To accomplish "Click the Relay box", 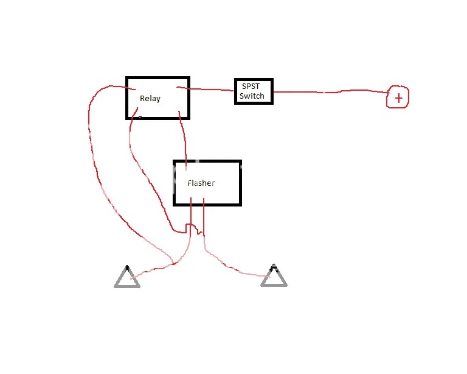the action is [157, 97].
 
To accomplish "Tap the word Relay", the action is [150, 98].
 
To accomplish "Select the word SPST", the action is [251, 86].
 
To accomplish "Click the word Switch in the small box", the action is [252, 96].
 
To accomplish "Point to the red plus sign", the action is [398, 98].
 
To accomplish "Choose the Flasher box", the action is [207, 183].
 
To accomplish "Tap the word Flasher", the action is [201, 183].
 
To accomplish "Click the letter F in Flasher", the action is [190, 183].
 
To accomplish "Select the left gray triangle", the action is [127, 279].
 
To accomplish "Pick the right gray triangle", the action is [274, 278].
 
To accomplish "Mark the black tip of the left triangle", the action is [127, 267].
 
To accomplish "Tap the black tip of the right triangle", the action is [274, 267].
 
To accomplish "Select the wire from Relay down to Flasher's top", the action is [184, 137].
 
